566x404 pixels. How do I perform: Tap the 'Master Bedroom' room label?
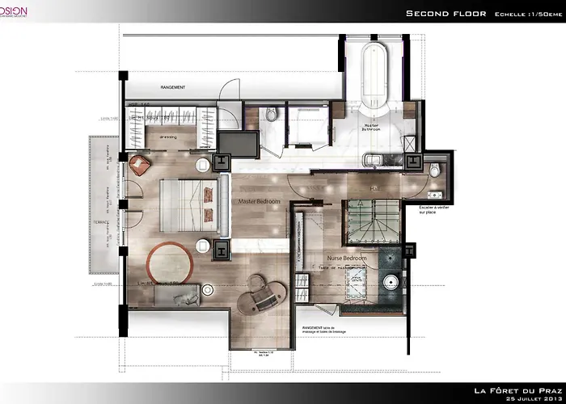[x=259, y=200]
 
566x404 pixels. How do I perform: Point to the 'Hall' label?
[x=374, y=188]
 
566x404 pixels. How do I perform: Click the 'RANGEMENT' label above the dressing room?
[x=173, y=87]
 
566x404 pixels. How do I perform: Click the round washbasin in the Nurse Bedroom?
[x=392, y=284]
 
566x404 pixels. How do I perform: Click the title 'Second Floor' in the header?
[x=444, y=13]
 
